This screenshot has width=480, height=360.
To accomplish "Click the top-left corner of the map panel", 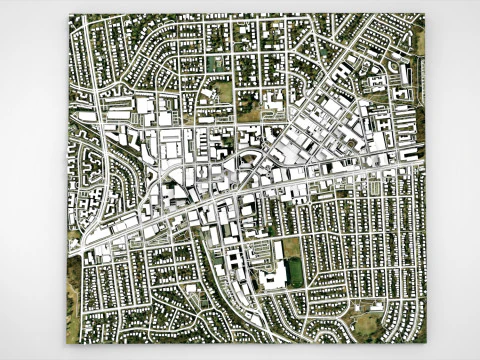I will (69, 14).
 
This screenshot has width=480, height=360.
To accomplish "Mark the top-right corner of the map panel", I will (425, 13).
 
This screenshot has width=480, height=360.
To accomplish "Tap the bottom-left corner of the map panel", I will (66, 343).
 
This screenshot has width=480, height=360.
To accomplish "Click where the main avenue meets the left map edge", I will (70, 245).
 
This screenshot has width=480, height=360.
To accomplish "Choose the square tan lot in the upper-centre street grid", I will (223, 91).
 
